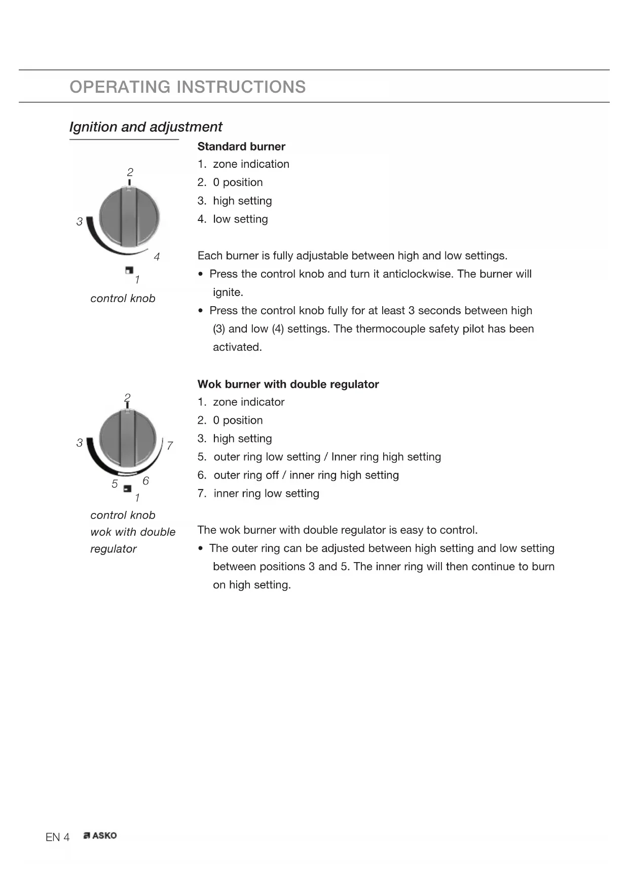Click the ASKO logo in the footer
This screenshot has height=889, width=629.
click(x=100, y=836)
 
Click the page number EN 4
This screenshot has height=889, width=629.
click(x=57, y=837)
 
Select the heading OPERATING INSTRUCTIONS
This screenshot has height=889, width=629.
click(x=188, y=87)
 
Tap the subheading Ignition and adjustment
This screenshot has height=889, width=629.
click(x=145, y=127)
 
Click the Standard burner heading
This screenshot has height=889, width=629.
click(x=241, y=146)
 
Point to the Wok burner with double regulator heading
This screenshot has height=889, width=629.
click(x=288, y=384)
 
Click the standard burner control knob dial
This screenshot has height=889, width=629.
click(x=129, y=217)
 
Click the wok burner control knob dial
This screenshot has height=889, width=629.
click(x=128, y=438)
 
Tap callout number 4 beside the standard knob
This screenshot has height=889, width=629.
click(x=157, y=257)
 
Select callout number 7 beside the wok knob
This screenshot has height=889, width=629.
click(x=170, y=446)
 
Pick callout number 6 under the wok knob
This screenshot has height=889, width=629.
click(x=145, y=480)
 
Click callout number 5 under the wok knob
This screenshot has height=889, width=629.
click(x=115, y=484)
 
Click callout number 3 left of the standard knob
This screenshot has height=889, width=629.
click(x=80, y=221)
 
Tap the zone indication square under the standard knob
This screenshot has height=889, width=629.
click(x=129, y=271)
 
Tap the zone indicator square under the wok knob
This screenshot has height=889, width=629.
click(x=127, y=489)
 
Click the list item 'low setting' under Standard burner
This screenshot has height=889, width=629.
click(x=240, y=219)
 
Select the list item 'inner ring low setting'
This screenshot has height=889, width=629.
click(x=266, y=493)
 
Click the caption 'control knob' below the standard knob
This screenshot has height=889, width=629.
click(x=123, y=299)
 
